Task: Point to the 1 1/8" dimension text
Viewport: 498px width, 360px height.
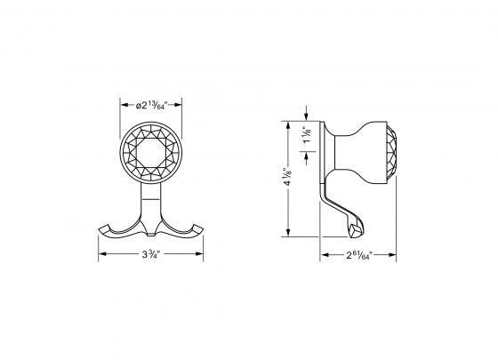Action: (x=307, y=140)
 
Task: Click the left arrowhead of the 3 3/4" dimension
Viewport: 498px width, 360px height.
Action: (x=101, y=254)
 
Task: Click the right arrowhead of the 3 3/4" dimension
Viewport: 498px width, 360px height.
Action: (x=202, y=254)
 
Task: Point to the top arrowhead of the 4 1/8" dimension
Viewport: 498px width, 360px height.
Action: (x=287, y=124)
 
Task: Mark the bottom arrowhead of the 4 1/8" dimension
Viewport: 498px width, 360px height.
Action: (x=287, y=235)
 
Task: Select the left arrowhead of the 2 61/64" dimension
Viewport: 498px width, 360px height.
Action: (x=324, y=254)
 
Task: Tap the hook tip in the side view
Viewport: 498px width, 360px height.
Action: (x=355, y=230)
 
